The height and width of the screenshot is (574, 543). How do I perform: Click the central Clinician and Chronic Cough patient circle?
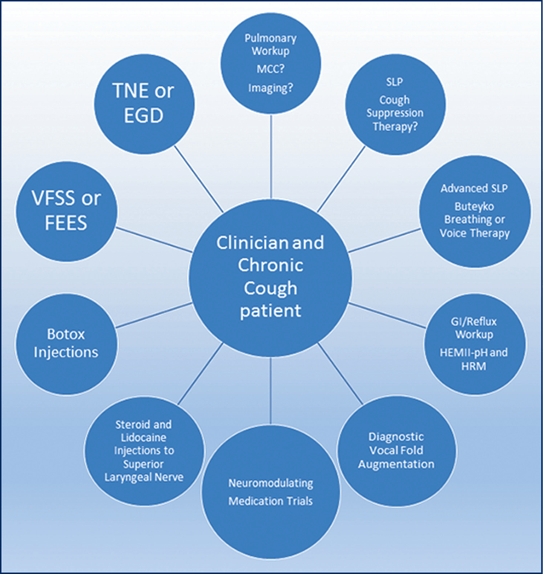tap(270, 277)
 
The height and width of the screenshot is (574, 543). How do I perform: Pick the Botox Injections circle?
tap(65, 342)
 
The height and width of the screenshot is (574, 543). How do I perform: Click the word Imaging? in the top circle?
tap(270, 89)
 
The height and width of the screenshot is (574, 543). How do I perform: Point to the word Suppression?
tap(398, 113)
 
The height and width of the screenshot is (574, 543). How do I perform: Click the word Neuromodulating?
tap(270, 484)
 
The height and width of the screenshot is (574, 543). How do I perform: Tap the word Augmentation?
tap(396, 464)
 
